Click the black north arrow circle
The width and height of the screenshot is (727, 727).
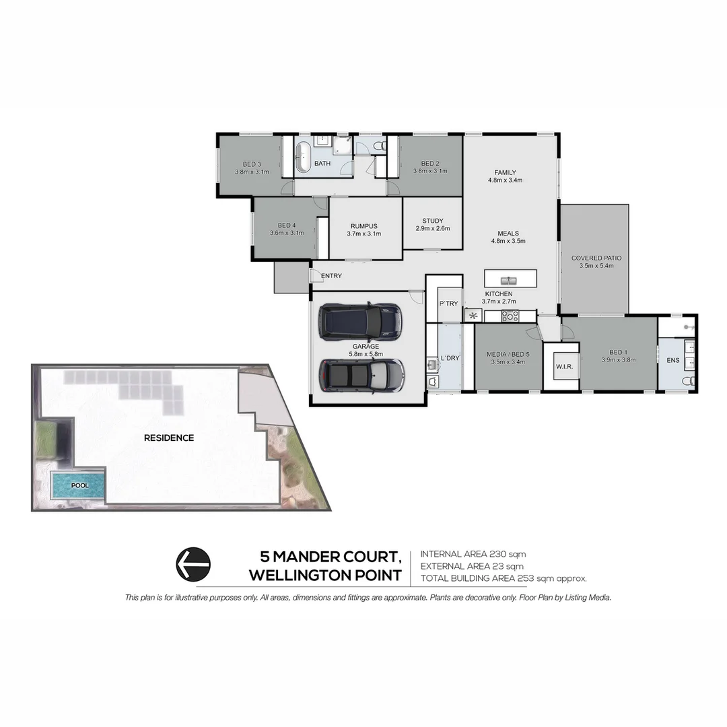pos(193,563)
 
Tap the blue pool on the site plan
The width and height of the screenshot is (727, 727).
pos(79,485)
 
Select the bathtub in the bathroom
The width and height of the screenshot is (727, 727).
pos(302,157)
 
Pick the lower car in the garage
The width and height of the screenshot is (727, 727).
pos(361,375)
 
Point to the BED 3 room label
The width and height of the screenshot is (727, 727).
pos(252,164)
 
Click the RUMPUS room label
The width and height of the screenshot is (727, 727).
pos(363,226)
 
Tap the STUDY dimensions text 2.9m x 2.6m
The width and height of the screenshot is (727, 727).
pos(432,228)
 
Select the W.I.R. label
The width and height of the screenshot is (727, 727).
pos(563,367)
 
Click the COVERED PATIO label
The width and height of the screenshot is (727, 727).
pos(596,258)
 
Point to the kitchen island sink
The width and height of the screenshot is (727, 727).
pos(510,279)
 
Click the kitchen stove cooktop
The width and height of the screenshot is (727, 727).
pos(510,315)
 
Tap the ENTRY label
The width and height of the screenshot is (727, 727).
pos(331,276)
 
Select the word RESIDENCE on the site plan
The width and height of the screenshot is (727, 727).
pos(168,438)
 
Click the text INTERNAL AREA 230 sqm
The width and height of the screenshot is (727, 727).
pos(473,554)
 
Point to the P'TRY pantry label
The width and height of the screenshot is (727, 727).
pos(448,304)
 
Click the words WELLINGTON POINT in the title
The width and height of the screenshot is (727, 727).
pos(325,576)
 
